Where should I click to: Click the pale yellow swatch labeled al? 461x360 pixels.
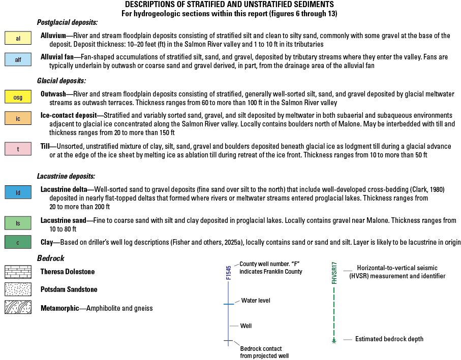[18, 39]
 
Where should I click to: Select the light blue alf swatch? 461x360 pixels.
[18, 60]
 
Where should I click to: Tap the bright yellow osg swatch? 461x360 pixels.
[18, 96]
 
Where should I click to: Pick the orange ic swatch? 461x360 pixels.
[18, 118]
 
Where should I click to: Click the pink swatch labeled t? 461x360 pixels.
[18, 149]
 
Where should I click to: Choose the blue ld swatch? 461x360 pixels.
[18, 192]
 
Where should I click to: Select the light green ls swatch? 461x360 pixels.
[18, 223]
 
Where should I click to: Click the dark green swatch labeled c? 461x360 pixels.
[18, 242]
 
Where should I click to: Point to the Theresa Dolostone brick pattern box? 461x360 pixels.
[18, 272]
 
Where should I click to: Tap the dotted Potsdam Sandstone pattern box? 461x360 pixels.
[18, 290]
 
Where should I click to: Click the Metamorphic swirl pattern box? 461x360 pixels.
[18, 308]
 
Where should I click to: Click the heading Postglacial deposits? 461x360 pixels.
[67, 23]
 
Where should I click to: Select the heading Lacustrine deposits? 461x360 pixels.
[66, 176]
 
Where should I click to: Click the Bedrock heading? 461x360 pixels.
[51, 258]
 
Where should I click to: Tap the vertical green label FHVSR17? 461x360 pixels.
[334, 273]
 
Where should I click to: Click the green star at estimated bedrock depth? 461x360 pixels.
[334, 341]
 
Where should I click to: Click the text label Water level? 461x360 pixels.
[256, 301]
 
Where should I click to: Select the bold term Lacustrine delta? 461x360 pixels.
[66, 189]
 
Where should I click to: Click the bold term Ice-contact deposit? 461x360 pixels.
[70, 116]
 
